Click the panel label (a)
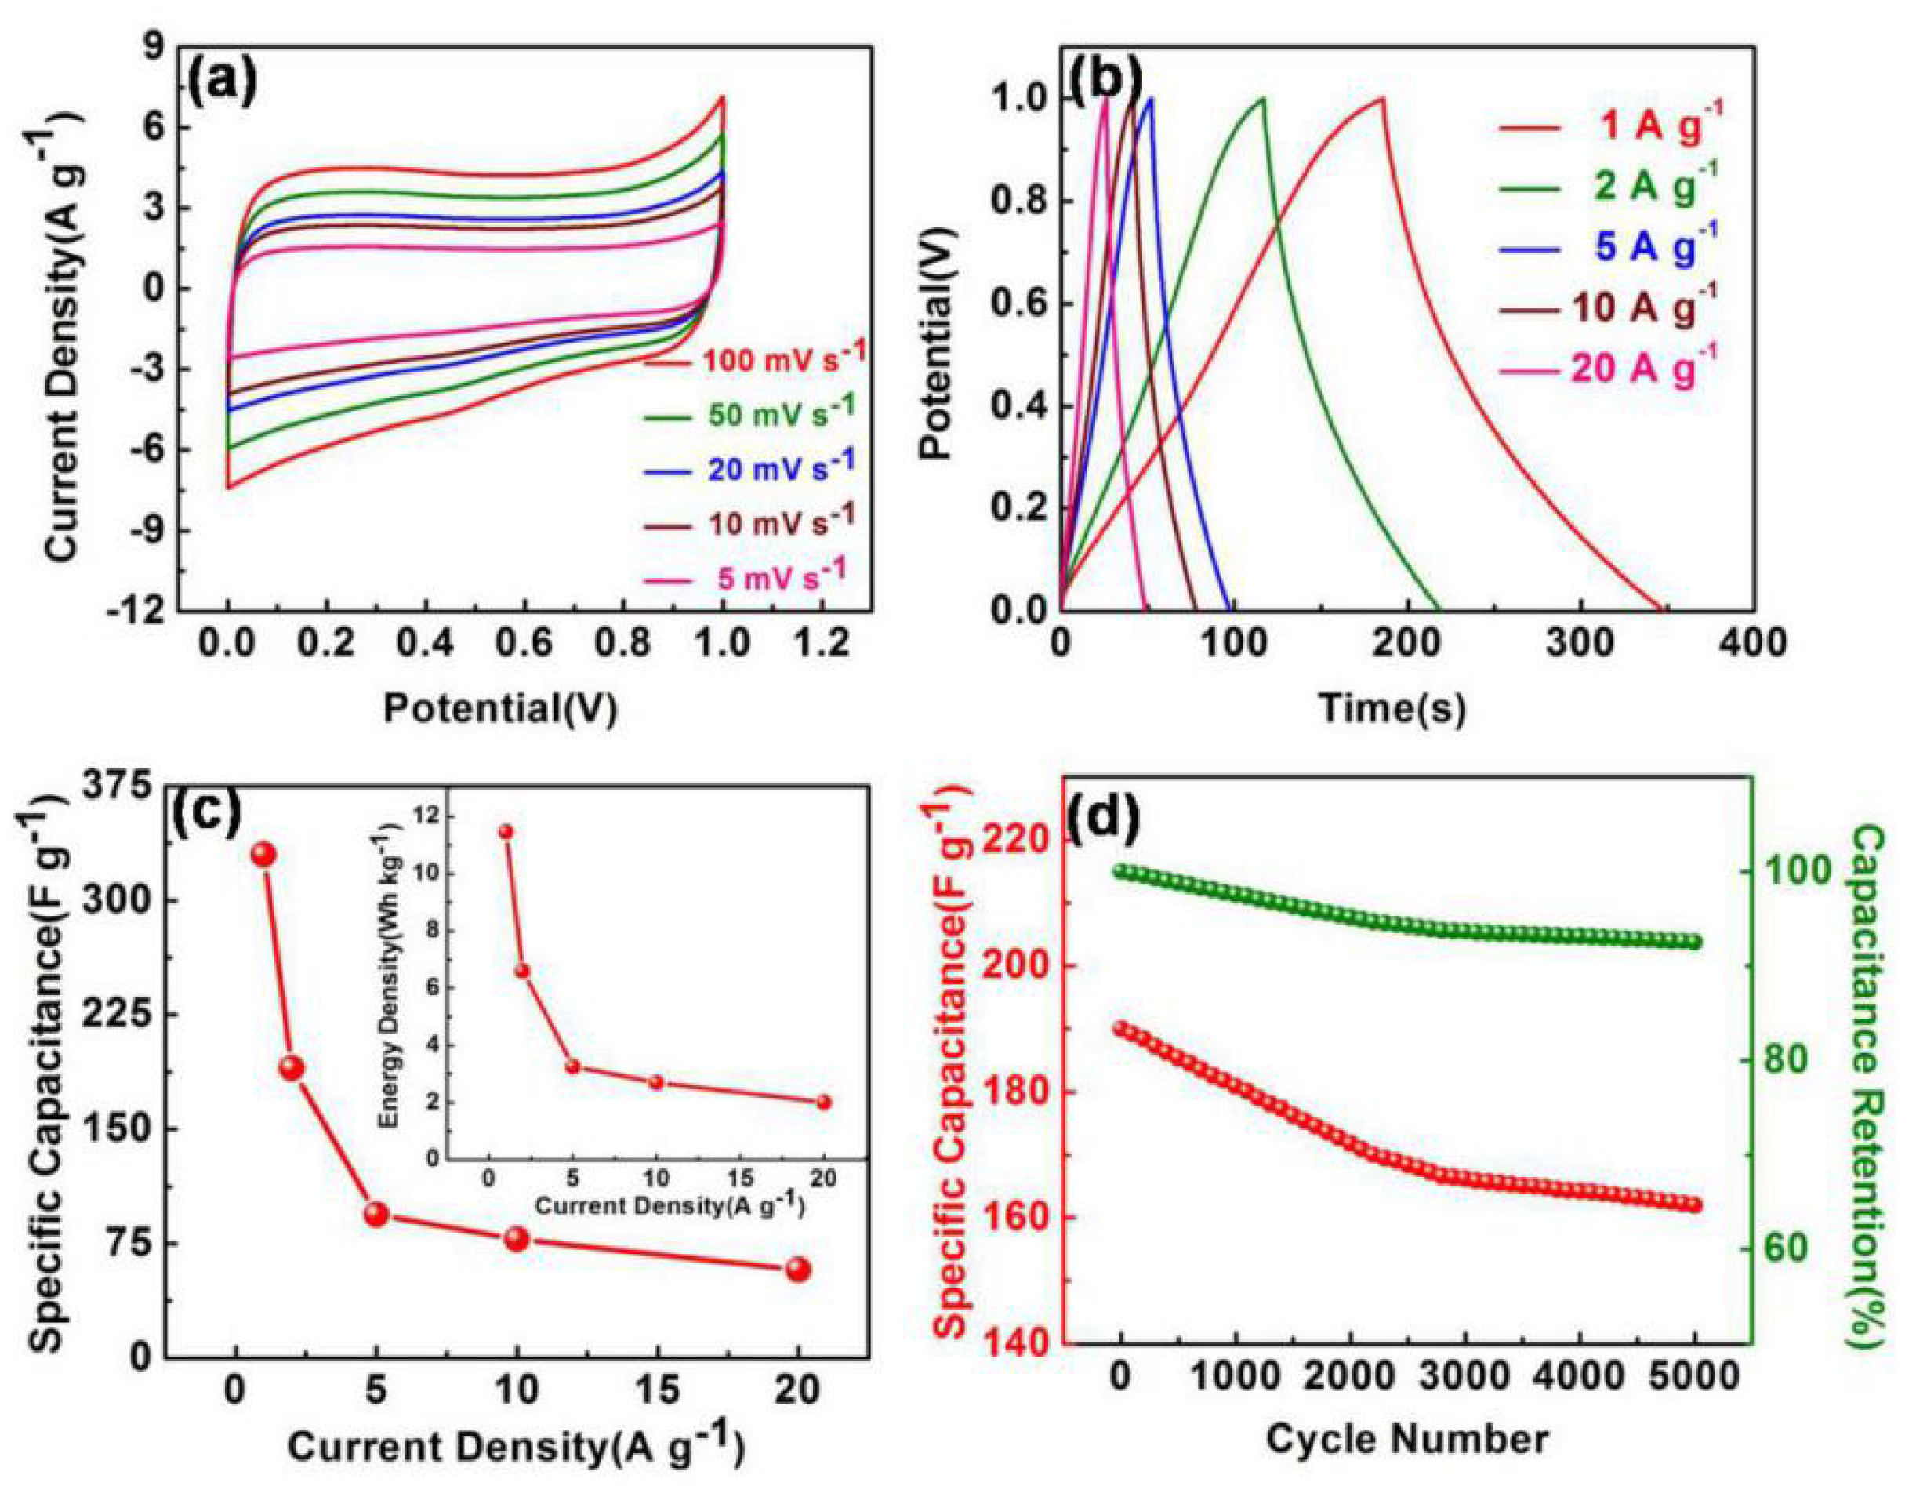click(223, 83)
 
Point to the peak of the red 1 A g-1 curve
click(1383, 98)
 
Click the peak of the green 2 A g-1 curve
click(1263, 98)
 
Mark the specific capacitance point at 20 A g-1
click(797, 1270)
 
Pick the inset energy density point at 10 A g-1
click(656, 1081)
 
